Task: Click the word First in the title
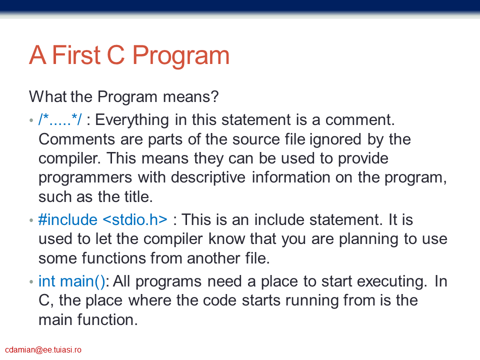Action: click(76, 55)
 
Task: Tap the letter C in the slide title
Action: click(115, 55)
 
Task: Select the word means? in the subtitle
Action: click(190, 96)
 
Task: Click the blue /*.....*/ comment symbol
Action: click(60, 119)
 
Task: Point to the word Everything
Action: click(132, 120)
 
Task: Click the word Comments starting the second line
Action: click(77, 139)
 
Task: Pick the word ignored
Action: click(335, 140)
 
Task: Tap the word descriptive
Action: click(208, 178)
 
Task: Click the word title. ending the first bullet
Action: click(138, 197)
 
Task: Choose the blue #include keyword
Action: click(68, 220)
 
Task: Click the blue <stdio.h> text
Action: click(135, 220)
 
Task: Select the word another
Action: click(213, 258)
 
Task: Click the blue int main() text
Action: click(71, 281)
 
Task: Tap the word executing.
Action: click(392, 281)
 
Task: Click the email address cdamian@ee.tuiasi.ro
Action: click(43, 349)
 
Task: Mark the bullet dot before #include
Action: click(31, 220)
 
